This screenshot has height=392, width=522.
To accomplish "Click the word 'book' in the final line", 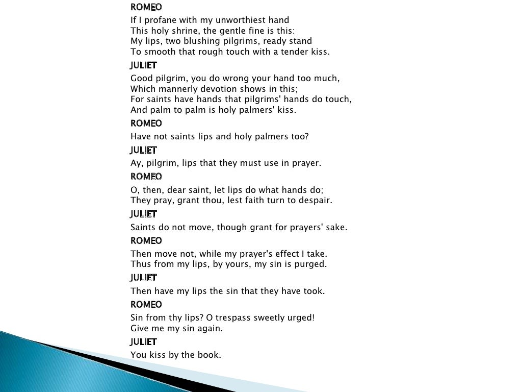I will coord(210,355).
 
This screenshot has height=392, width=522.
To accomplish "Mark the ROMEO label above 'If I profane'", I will coord(146,7).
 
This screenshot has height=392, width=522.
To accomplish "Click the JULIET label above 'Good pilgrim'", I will coord(144,65).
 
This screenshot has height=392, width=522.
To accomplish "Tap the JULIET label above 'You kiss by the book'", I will coord(144,341).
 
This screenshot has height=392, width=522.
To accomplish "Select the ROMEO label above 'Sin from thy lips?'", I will coord(146,304).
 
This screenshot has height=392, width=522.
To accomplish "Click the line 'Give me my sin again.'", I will coord(177,328).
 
